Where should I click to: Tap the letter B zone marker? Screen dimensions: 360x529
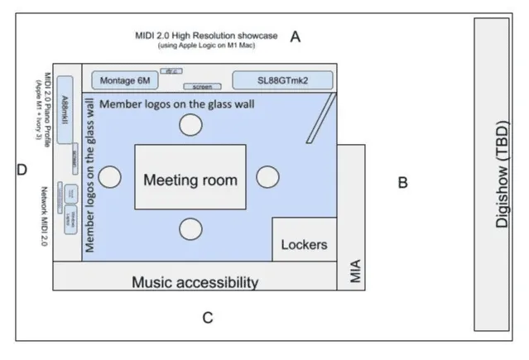click(402, 183)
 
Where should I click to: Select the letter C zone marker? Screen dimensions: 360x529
click(208, 317)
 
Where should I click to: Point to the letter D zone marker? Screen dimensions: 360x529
click(22, 170)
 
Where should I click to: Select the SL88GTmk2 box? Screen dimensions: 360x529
click(282, 79)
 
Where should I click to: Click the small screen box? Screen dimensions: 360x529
click(202, 86)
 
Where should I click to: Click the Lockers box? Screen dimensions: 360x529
click(305, 244)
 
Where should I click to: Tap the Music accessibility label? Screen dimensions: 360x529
click(195, 282)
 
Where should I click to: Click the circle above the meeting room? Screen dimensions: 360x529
click(191, 125)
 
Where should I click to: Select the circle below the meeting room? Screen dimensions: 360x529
click(191, 229)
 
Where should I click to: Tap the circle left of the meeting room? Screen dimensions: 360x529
click(110, 177)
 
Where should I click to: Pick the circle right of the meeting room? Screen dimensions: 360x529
click(267, 177)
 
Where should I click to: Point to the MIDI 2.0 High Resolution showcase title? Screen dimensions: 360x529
click(208, 36)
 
